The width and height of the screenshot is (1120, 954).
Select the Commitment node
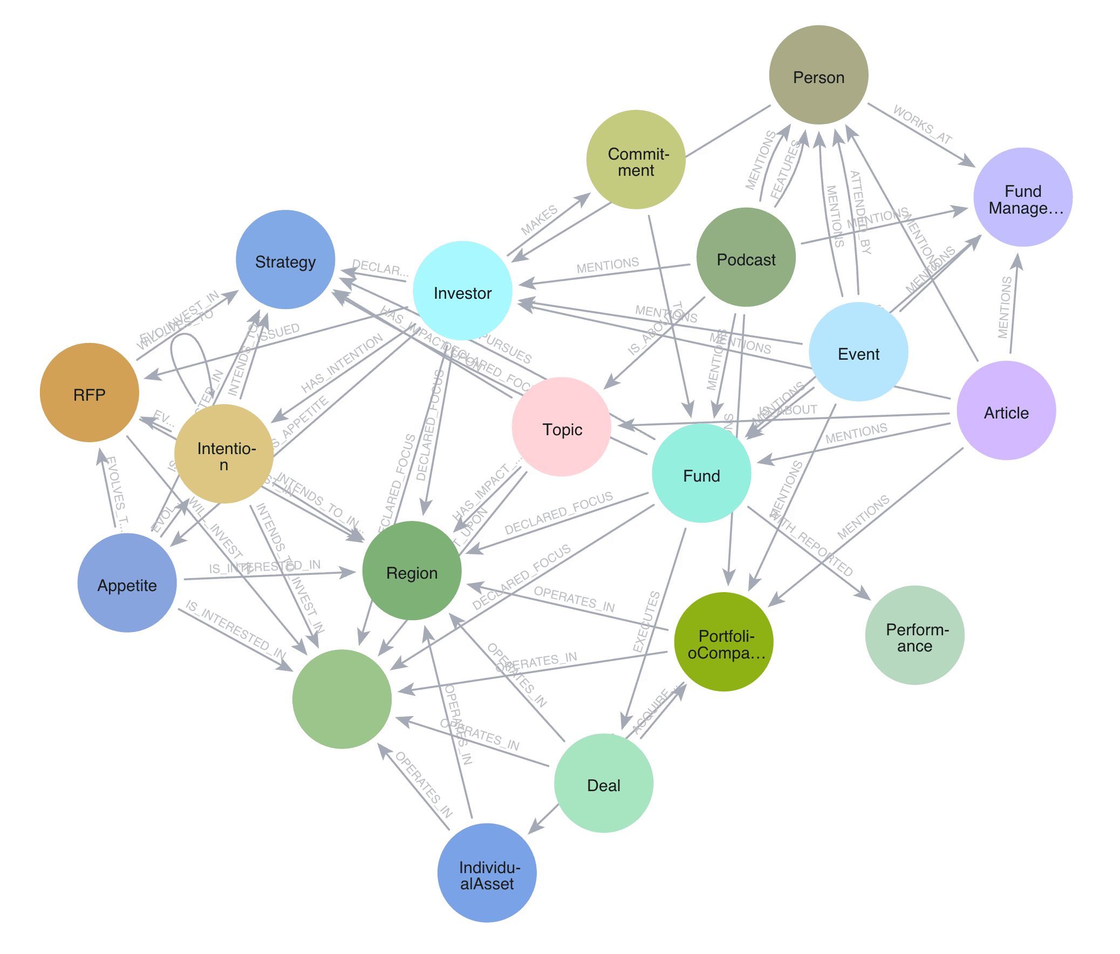point(636,160)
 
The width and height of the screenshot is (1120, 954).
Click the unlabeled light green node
point(342,699)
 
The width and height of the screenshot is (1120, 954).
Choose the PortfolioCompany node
point(724,642)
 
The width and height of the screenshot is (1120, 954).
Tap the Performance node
point(914,635)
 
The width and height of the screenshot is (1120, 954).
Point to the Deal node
point(603,783)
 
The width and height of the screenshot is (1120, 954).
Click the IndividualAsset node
point(487,873)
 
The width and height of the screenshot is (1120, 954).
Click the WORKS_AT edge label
point(922,125)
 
